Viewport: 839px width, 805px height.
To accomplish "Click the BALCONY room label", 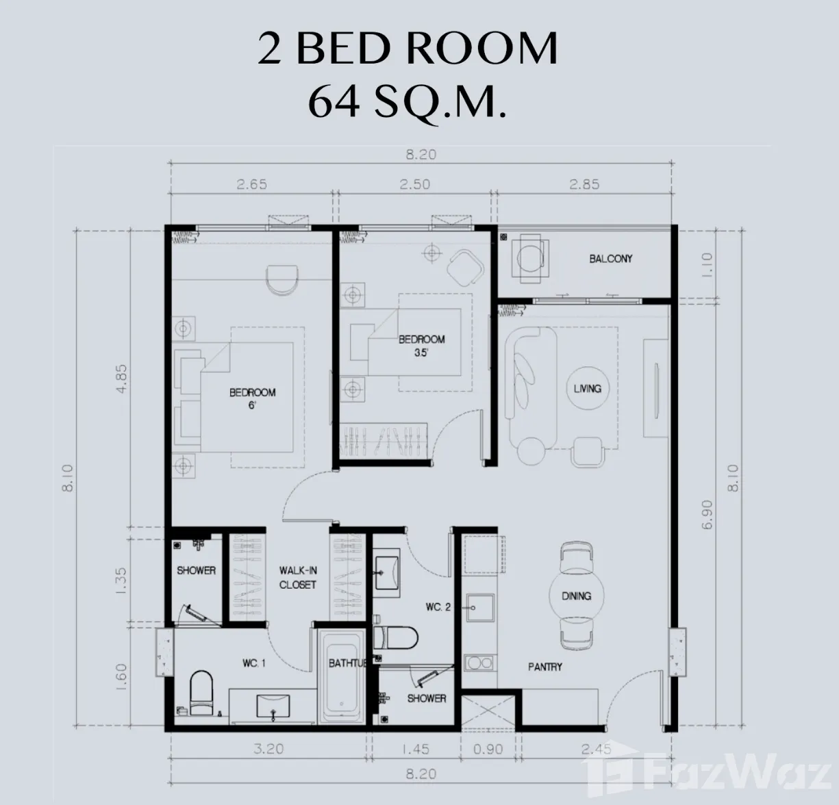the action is click(x=610, y=259).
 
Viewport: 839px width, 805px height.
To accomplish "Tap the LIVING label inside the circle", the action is click(x=587, y=388).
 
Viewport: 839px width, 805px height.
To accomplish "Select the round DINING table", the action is click(x=576, y=596).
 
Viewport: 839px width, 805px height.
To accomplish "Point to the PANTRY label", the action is click(x=545, y=667).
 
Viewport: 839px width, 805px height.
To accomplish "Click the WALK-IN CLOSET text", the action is click(x=298, y=578).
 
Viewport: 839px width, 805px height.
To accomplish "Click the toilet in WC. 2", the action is click(x=395, y=637).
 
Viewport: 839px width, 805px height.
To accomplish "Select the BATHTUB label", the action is click(x=347, y=663).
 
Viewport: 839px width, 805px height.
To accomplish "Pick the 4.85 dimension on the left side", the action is click(x=122, y=379).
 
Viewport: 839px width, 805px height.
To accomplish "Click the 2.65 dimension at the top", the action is click(x=252, y=184).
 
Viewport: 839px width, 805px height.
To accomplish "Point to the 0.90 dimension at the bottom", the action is click(x=488, y=749).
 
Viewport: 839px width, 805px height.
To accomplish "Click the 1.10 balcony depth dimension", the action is click(x=707, y=265).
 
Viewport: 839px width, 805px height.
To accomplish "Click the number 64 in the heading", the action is click(x=334, y=103).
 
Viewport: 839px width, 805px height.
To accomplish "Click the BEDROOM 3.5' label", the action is click(x=421, y=346).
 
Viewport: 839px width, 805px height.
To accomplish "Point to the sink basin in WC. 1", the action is click(x=273, y=706).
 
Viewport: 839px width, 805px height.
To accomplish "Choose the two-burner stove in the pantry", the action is click(x=479, y=663).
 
